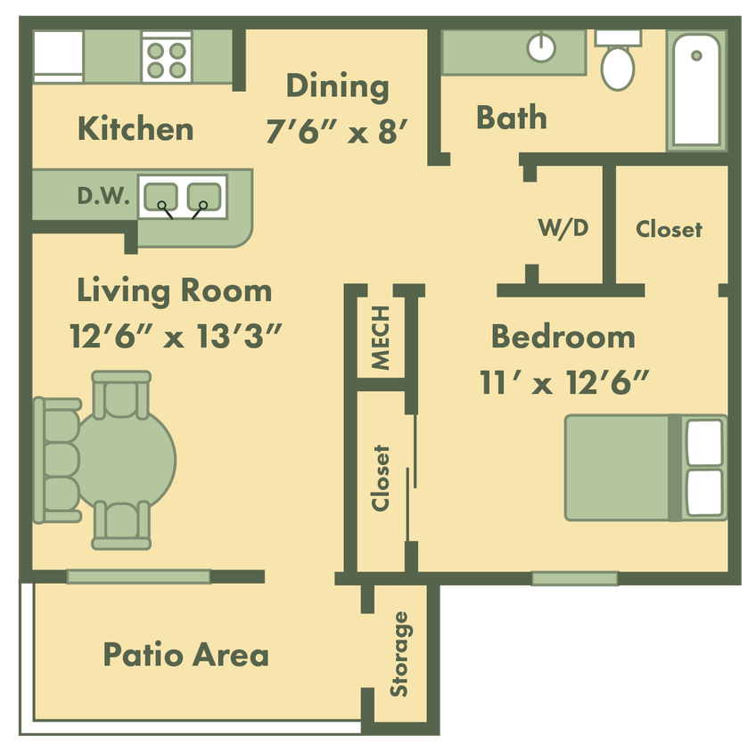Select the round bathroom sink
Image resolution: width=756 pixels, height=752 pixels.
tap(541, 47)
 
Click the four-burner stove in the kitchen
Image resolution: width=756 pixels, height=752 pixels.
tap(166, 58)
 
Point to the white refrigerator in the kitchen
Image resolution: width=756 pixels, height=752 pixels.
tap(58, 57)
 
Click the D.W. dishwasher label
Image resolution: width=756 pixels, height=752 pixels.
tap(104, 197)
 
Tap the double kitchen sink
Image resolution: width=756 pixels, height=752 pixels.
tap(183, 196)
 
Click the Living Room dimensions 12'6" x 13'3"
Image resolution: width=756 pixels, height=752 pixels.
tap(176, 336)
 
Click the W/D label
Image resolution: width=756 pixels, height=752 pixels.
tap(563, 228)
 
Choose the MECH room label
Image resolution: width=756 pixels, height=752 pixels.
tap(381, 338)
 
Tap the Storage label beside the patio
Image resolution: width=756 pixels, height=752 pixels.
tap(399, 653)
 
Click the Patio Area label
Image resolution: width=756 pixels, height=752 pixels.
tap(185, 655)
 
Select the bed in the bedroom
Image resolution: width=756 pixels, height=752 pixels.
tap(645, 467)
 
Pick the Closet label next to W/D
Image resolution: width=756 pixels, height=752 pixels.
tap(669, 229)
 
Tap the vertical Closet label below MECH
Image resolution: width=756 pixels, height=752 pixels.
tap(382, 478)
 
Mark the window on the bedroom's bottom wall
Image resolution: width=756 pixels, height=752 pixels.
tap(574, 579)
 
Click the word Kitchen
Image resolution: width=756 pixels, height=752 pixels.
tap(136, 128)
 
